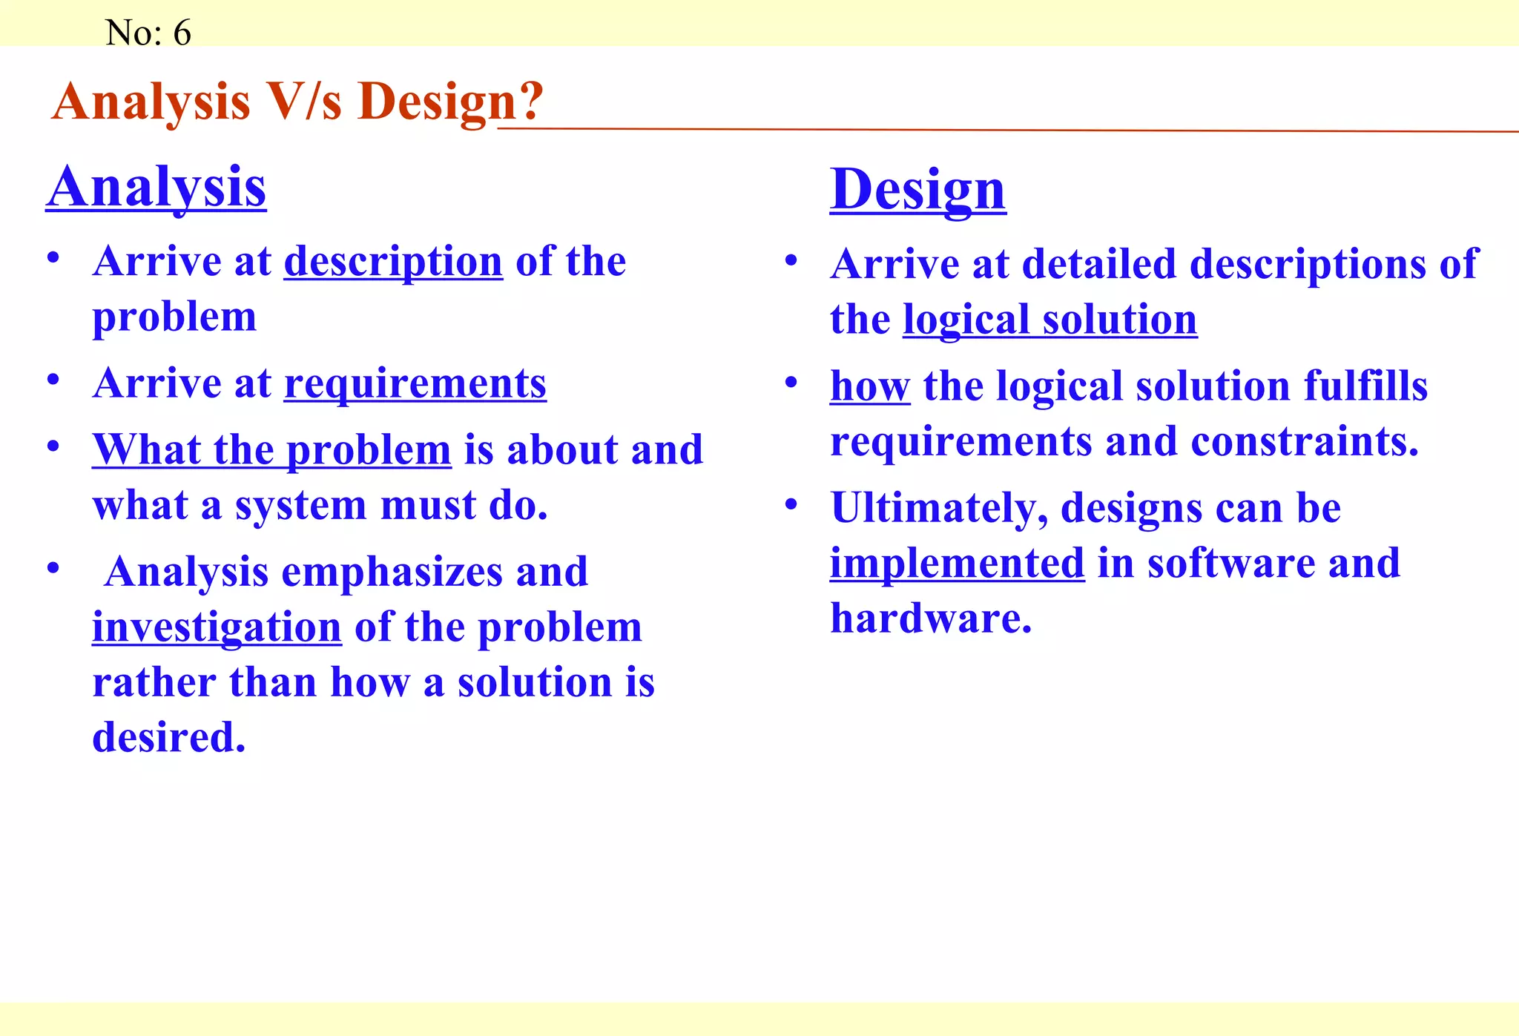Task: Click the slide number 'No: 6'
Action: click(x=148, y=33)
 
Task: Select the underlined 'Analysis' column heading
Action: click(x=156, y=187)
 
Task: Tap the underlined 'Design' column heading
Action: click(x=917, y=190)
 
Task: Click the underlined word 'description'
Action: click(x=393, y=262)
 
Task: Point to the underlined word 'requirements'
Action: click(x=415, y=384)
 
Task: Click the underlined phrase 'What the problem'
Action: click(x=271, y=450)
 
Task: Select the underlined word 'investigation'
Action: click(x=217, y=627)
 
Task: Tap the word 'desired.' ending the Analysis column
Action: click(x=169, y=737)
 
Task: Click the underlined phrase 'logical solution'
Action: click(x=1050, y=320)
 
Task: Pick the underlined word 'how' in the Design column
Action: click(x=869, y=386)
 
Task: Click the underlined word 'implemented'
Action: click(x=957, y=564)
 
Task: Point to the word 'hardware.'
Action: click(x=931, y=618)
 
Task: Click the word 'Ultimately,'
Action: click(x=939, y=509)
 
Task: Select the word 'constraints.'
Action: click(x=1305, y=442)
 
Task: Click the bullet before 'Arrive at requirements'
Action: click(x=53, y=380)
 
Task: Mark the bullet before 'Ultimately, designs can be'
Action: click(x=791, y=505)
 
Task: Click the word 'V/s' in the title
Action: click(x=304, y=102)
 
